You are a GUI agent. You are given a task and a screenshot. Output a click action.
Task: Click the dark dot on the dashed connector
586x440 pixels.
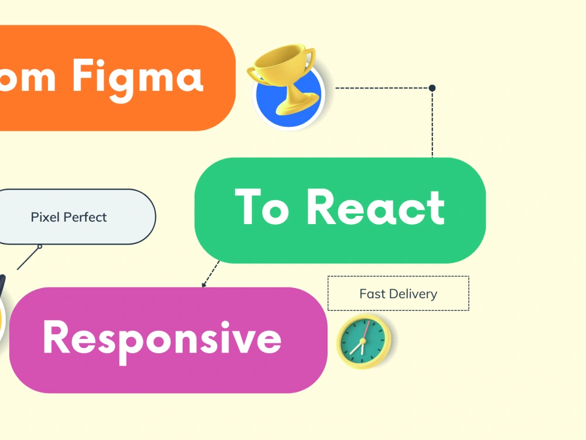click(432, 88)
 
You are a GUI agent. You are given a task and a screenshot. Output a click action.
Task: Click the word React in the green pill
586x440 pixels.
click(376, 208)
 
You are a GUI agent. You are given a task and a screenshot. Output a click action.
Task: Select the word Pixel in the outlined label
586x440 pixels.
click(45, 217)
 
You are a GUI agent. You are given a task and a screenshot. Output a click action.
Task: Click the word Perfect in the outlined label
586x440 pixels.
click(86, 217)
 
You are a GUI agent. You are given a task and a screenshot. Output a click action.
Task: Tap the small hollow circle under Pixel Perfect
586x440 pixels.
click(40, 246)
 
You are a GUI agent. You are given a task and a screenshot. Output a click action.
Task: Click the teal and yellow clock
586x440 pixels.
click(363, 341)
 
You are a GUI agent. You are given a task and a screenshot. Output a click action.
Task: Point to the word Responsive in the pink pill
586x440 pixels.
click(162, 339)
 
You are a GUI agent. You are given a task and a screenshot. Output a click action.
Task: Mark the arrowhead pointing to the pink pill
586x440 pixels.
click(204, 285)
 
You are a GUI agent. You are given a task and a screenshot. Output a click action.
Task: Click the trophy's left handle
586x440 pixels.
click(253, 73)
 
